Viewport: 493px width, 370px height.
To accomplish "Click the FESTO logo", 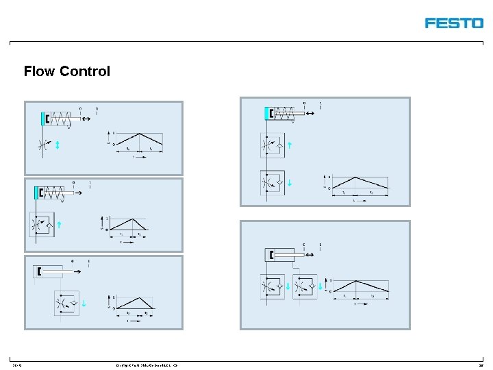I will click(x=453, y=23).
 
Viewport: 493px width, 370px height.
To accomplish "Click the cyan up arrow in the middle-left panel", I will click(x=59, y=224).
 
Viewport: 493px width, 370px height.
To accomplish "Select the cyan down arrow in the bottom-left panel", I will click(x=84, y=303).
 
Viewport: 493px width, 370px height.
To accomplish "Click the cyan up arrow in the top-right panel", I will click(x=290, y=145).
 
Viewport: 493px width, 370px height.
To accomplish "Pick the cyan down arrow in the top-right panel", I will click(x=290, y=182).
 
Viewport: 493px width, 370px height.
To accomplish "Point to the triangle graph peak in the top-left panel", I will click(x=140, y=134).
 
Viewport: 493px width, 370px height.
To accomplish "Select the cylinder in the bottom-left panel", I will click(x=48, y=272).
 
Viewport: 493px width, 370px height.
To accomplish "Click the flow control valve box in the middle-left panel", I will click(x=42, y=224).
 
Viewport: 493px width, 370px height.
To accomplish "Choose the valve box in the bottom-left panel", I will click(x=67, y=302).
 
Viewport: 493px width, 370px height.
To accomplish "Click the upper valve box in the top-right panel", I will click(x=273, y=145).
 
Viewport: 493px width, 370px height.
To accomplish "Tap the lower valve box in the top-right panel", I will click(x=273, y=183).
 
